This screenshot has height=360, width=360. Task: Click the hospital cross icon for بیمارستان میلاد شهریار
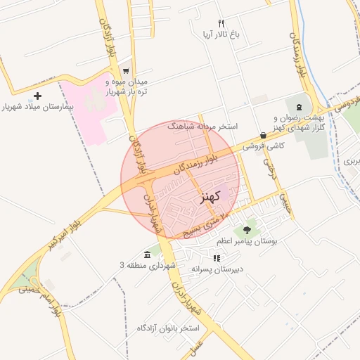38,96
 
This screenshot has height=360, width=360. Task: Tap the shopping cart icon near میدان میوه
126,71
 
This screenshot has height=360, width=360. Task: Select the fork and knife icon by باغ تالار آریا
221,23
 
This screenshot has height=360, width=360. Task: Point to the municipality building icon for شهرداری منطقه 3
147,254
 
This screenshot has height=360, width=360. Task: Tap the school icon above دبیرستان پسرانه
216,258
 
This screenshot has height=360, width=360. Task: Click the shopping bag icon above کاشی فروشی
263,135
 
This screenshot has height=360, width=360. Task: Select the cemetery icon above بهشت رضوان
299,105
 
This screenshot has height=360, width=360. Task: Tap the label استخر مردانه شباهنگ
203,127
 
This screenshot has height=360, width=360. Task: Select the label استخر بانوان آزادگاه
169,328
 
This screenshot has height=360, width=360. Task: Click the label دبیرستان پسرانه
217,269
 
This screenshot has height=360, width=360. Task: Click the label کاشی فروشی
264,146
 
